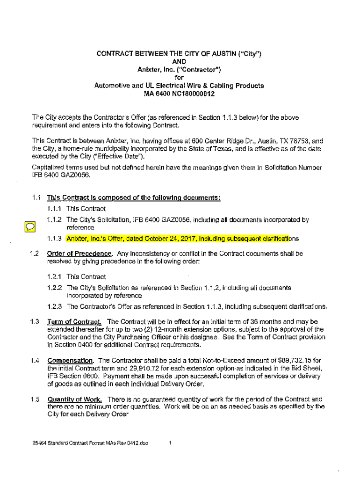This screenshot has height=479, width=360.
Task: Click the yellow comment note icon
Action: (29, 226)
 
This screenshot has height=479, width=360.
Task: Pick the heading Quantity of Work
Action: (75, 399)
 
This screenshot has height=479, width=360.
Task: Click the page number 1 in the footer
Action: (171, 443)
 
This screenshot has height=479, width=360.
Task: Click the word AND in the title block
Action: (179, 61)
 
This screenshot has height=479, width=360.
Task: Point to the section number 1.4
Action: (34, 360)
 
